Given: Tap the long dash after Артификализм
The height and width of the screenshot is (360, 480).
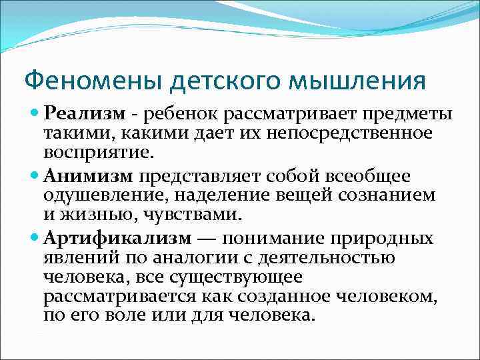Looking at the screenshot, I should point(209,239).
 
